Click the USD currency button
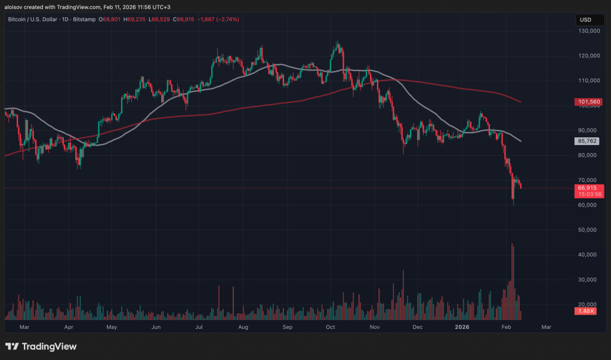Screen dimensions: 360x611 [x=585, y=20]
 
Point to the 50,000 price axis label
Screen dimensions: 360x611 [x=585, y=230]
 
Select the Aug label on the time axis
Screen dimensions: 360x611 [x=243, y=327]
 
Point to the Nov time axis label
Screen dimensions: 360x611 [x=375, y=327]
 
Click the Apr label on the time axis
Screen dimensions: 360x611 [x=69, y=327]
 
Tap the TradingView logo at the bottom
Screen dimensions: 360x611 [x=41, y=346]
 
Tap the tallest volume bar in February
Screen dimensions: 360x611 [x=513, y=281]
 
